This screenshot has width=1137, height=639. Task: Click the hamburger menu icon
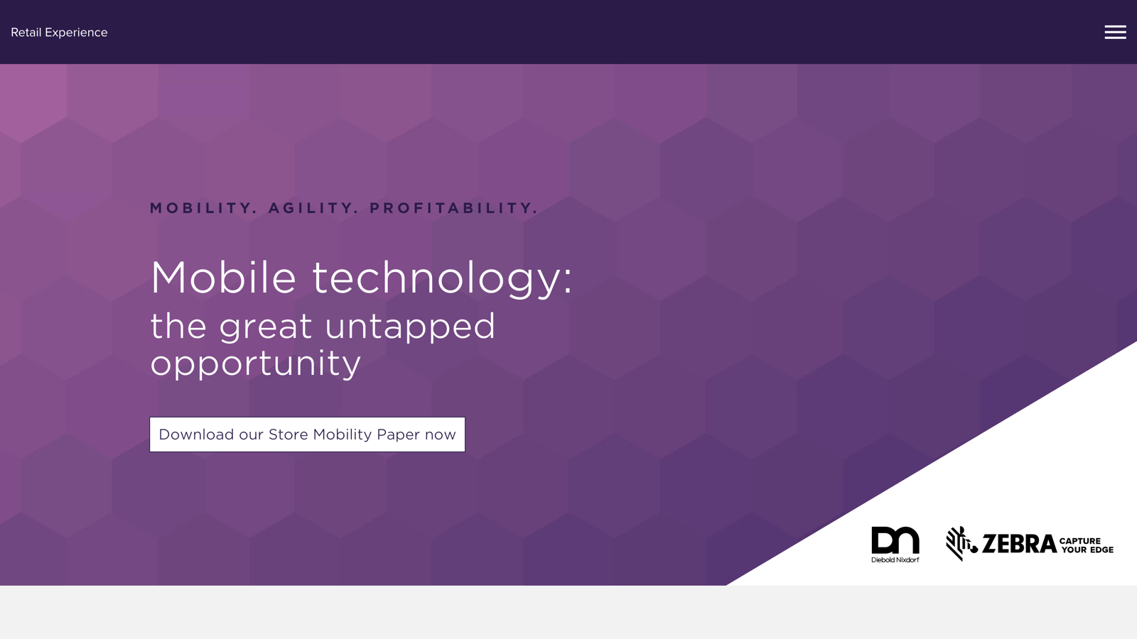[x=1115, y=32]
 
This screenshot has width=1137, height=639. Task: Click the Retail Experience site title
[x=59, y=33]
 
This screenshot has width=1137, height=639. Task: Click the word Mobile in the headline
[x=223, y=278]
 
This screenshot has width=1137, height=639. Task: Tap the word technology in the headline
[x=435, y=280]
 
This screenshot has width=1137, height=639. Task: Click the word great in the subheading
[x=266, y=327]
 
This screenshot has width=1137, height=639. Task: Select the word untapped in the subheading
[x=409, y=327]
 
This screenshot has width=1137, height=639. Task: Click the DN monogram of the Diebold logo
[x=895, y=540]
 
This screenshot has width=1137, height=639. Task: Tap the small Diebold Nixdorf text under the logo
[x=895, y=560]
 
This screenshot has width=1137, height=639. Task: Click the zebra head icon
[x=961, y=544]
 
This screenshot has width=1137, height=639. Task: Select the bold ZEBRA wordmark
[x=1019, y=544]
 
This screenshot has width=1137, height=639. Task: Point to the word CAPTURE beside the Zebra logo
[x=1080, y=540]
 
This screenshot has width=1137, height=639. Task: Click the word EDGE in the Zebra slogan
[x=1101, y=550]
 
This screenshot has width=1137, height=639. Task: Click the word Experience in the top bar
[x=76, y=33]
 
